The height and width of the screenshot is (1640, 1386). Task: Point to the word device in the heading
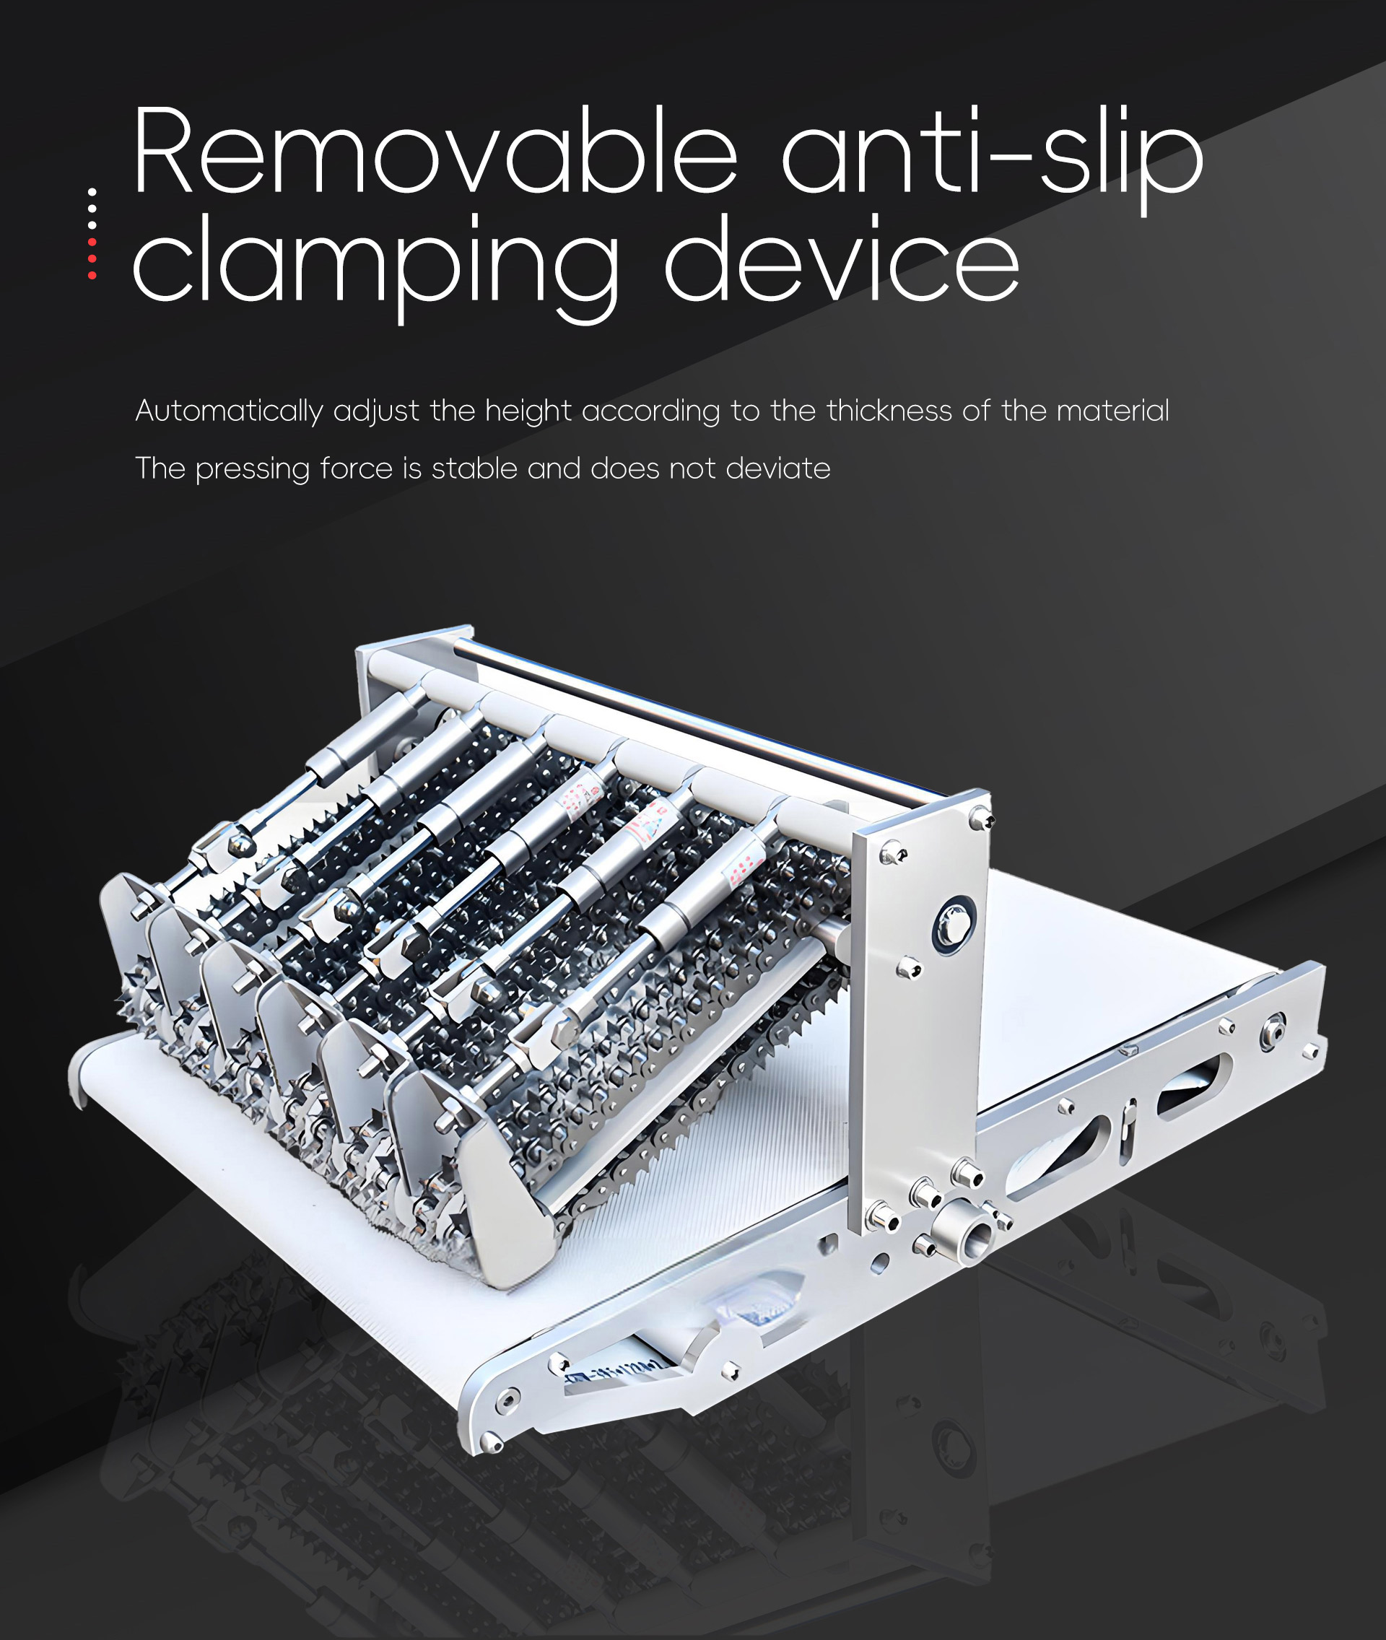842,257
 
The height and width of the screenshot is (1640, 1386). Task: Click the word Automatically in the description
229,411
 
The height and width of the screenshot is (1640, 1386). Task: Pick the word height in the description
528,411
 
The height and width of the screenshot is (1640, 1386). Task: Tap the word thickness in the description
889,410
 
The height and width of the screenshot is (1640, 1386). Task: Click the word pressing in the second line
252,469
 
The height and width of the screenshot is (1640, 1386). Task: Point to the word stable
474,468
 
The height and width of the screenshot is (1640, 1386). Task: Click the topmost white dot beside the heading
92,192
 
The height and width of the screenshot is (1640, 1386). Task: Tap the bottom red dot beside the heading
92,275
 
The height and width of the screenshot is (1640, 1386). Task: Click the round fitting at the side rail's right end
1273,1031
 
